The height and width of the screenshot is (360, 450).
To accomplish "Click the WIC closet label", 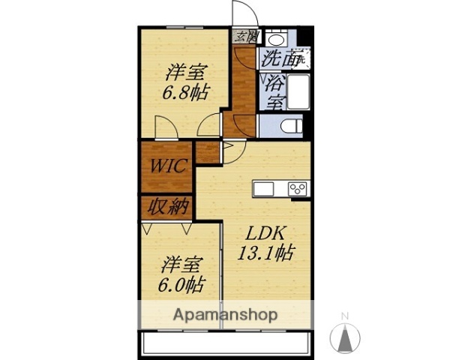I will pos(166,166).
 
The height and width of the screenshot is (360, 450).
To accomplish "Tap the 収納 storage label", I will pos(166,206).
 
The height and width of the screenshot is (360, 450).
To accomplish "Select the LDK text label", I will pos(265,233).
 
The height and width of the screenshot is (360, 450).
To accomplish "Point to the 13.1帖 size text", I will pos(265,253).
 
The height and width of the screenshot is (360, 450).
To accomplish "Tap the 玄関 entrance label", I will pos(244,36).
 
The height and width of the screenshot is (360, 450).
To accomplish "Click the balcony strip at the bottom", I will pos(225,345).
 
